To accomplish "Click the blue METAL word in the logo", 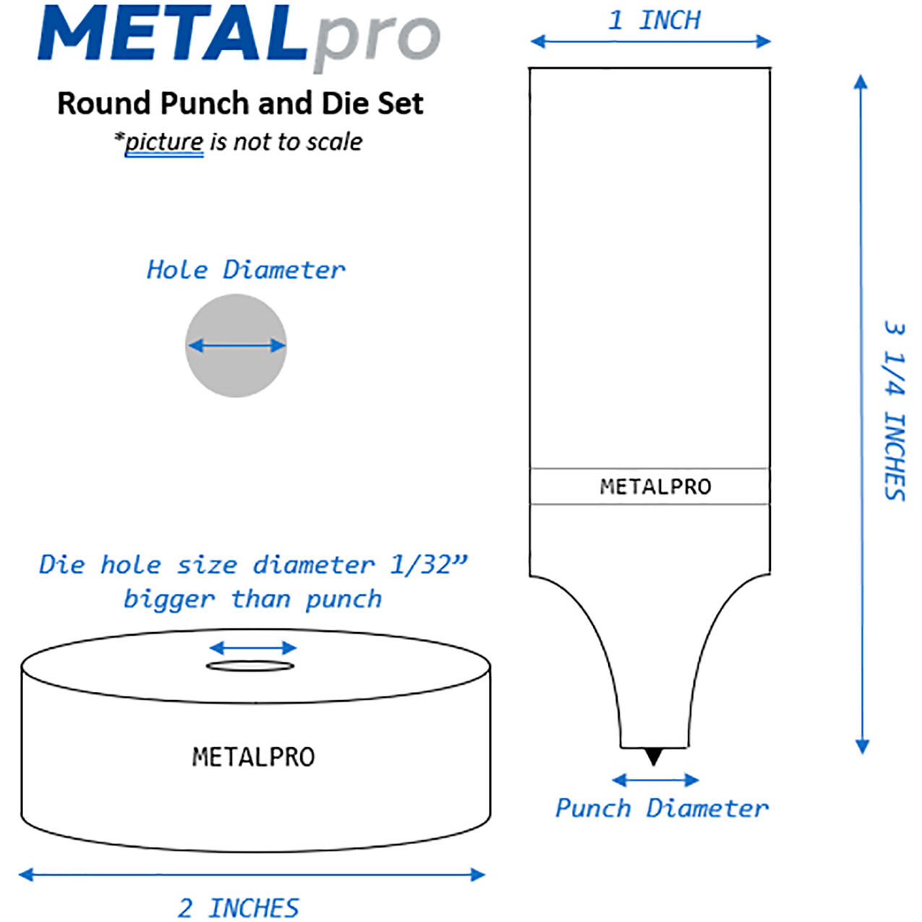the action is click(173, 33).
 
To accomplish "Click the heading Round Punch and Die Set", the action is click(240, 103).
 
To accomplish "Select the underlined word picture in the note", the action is click(164, 142).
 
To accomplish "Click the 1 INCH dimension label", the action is click(654, 20).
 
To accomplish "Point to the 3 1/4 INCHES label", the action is click(894, 411).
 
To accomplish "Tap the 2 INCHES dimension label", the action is click(239, 907).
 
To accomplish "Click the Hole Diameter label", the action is click(245, 270).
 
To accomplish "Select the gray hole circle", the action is click(236, 346).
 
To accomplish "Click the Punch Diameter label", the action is click(662, 808).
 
